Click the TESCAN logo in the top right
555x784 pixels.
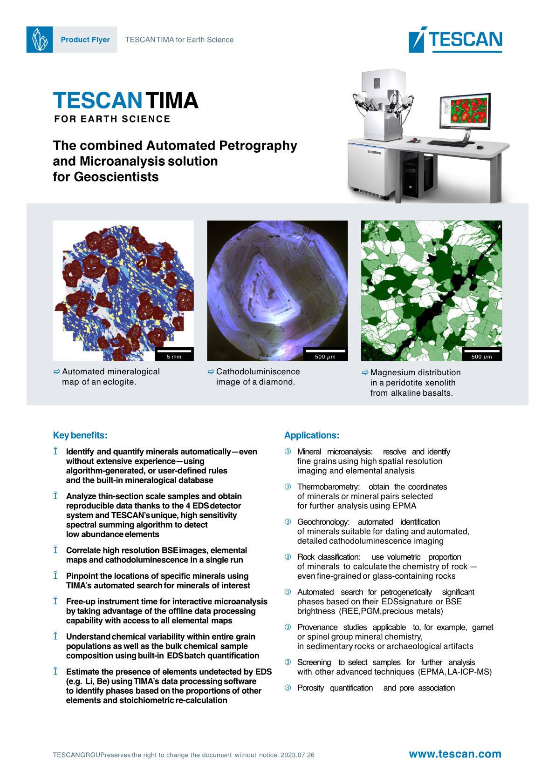pos(455,41)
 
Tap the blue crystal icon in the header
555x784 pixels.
pos(39,40)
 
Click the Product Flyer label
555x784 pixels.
pos(85,40)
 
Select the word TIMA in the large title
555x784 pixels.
pos(172,101)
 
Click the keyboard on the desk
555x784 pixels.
pos(450,143)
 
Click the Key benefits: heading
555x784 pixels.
pos(80,435)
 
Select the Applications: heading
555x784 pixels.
pos(312,435)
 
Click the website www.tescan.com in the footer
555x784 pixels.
pos(455,754)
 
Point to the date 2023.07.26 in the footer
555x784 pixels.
pos(297,755)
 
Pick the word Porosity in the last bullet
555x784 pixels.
pos(310,688)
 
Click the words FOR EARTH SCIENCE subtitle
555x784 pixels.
pos(112,119)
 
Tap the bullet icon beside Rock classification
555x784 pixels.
pos(288,557)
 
